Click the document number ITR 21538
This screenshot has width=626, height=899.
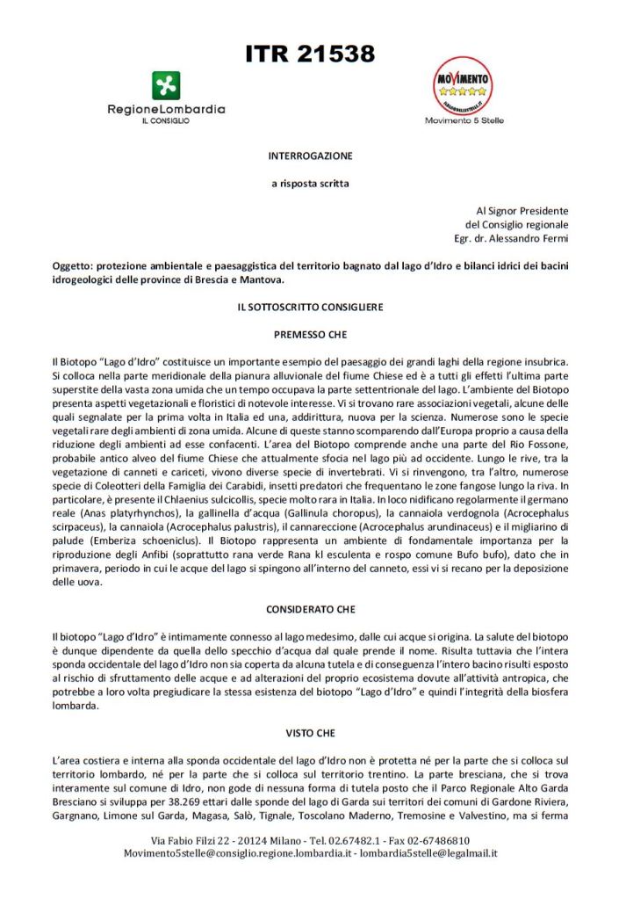coord(311,54)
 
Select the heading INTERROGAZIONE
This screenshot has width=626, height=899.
coord(310,156)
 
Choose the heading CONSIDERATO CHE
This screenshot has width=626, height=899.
coord(310,608)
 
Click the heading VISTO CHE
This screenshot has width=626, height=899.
coord(310,731)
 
